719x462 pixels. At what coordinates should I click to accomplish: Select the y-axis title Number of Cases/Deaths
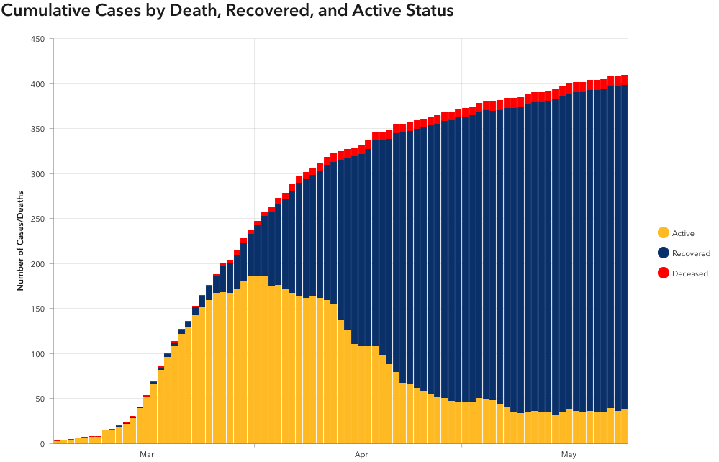click(x=21, y=241)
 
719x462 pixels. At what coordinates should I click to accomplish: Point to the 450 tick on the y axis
click(x=37, y=39)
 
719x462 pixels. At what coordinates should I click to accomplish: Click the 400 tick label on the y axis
click(x=37, y=84)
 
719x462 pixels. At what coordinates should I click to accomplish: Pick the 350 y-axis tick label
click(x=37, y=129)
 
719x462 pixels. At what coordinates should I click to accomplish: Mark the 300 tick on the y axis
click(x=37, y=174)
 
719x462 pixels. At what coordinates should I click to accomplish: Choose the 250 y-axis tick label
click(x=37, y=219)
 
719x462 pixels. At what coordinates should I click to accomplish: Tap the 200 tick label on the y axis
click(x=37, y=264)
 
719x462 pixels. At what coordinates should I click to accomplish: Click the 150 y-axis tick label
click(x=37, y=309)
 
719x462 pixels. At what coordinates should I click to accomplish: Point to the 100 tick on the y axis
click(x=37, y=354)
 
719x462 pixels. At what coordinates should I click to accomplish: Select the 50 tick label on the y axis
click(x=40, y=399)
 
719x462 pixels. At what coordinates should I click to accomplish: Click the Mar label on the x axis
click(x=147, y=454)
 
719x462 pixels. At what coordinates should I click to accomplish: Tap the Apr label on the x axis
click(x=361, y=454)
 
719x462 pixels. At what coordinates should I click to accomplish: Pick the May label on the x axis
click(x=569, y=454)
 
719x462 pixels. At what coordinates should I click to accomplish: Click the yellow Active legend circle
click(x=663, y=232)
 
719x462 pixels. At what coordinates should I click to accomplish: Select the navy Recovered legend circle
click(x=663, y=253)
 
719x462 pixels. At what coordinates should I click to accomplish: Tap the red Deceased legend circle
click(x=663, y=273)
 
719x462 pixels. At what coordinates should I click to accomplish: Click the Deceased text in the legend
click(x=690, y=273)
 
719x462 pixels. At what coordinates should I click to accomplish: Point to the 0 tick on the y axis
click(x=42, y=444)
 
